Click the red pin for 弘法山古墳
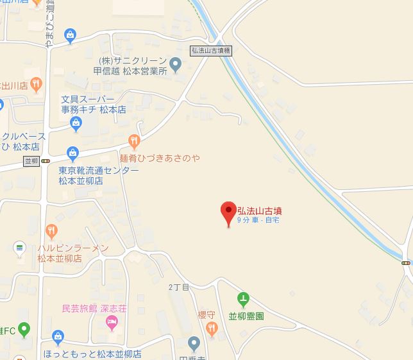coord(228,212)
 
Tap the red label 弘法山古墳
coord(260,210)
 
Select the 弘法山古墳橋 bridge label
coord(210,49)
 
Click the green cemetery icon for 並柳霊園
coord(243,299)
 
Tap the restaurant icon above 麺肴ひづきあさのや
coord(134,141)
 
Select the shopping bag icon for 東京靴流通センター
coord(72,154)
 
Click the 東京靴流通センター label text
coord(98,170)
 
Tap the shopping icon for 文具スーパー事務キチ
coord(76,125)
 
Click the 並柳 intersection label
coord(31,161)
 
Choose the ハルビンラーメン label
coord(72,248)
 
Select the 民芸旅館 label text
coord(80,309)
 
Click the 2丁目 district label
coord(179,287)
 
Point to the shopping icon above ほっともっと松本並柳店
coord(58,336)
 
